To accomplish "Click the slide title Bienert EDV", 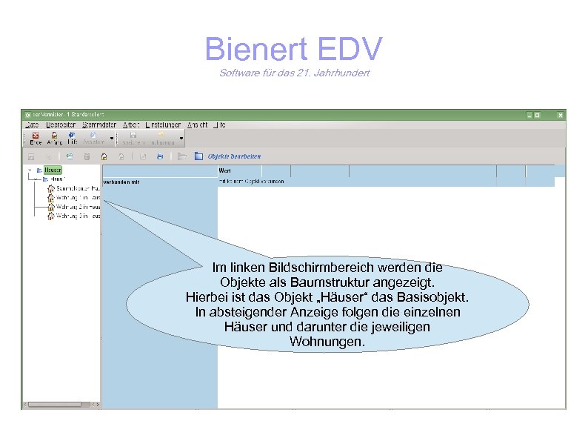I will point(293,49).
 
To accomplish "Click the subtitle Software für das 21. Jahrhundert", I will point(294,73).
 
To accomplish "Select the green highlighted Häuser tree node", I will point(53,170).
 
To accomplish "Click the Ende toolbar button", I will point(35,138).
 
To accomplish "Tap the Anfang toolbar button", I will point(54,138).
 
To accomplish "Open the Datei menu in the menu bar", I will point(32,125).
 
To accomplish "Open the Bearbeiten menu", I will point(61,125).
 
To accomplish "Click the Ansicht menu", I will point(197,125).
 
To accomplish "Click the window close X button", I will point(560,115).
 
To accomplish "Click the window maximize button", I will point(546,115).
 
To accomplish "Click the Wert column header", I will point(225,170).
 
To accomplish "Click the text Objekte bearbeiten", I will point(234,156).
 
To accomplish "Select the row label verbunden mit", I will point(121,181).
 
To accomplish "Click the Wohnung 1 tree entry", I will point(76,198).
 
